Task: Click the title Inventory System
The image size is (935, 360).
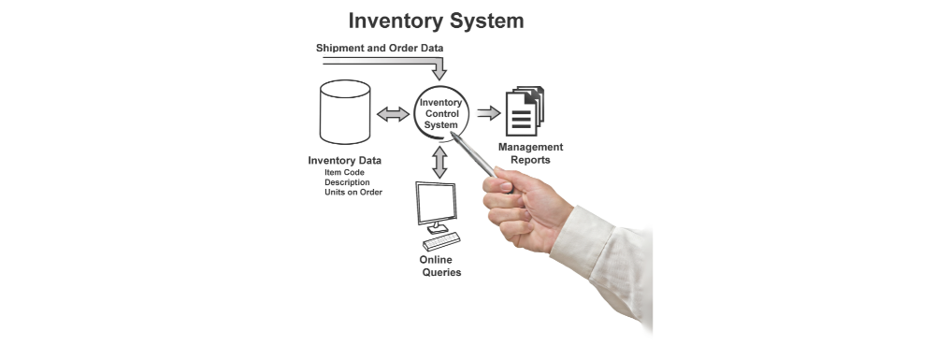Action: point(436,21)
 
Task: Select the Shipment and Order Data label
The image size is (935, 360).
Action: point(380,48)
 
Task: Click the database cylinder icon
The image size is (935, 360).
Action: point(345,112)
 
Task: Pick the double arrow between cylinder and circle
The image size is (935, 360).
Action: point(393,114)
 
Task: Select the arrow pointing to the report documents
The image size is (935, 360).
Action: point(488,112)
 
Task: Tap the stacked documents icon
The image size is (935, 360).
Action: point(525,111)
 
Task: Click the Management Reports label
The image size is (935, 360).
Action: point(530,153)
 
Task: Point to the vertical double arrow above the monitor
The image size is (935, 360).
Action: point(439,162)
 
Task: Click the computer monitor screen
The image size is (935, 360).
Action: point(437,203)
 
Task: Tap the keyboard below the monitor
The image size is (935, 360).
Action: point(441,241)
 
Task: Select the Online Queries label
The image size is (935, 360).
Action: point(440,266)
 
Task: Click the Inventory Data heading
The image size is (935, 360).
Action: point(345,160)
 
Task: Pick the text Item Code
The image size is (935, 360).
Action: point(345,172)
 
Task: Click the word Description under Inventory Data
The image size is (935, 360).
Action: point(347,182)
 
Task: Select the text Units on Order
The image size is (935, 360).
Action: point(353,192)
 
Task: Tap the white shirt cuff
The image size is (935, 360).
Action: point(582,241)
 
